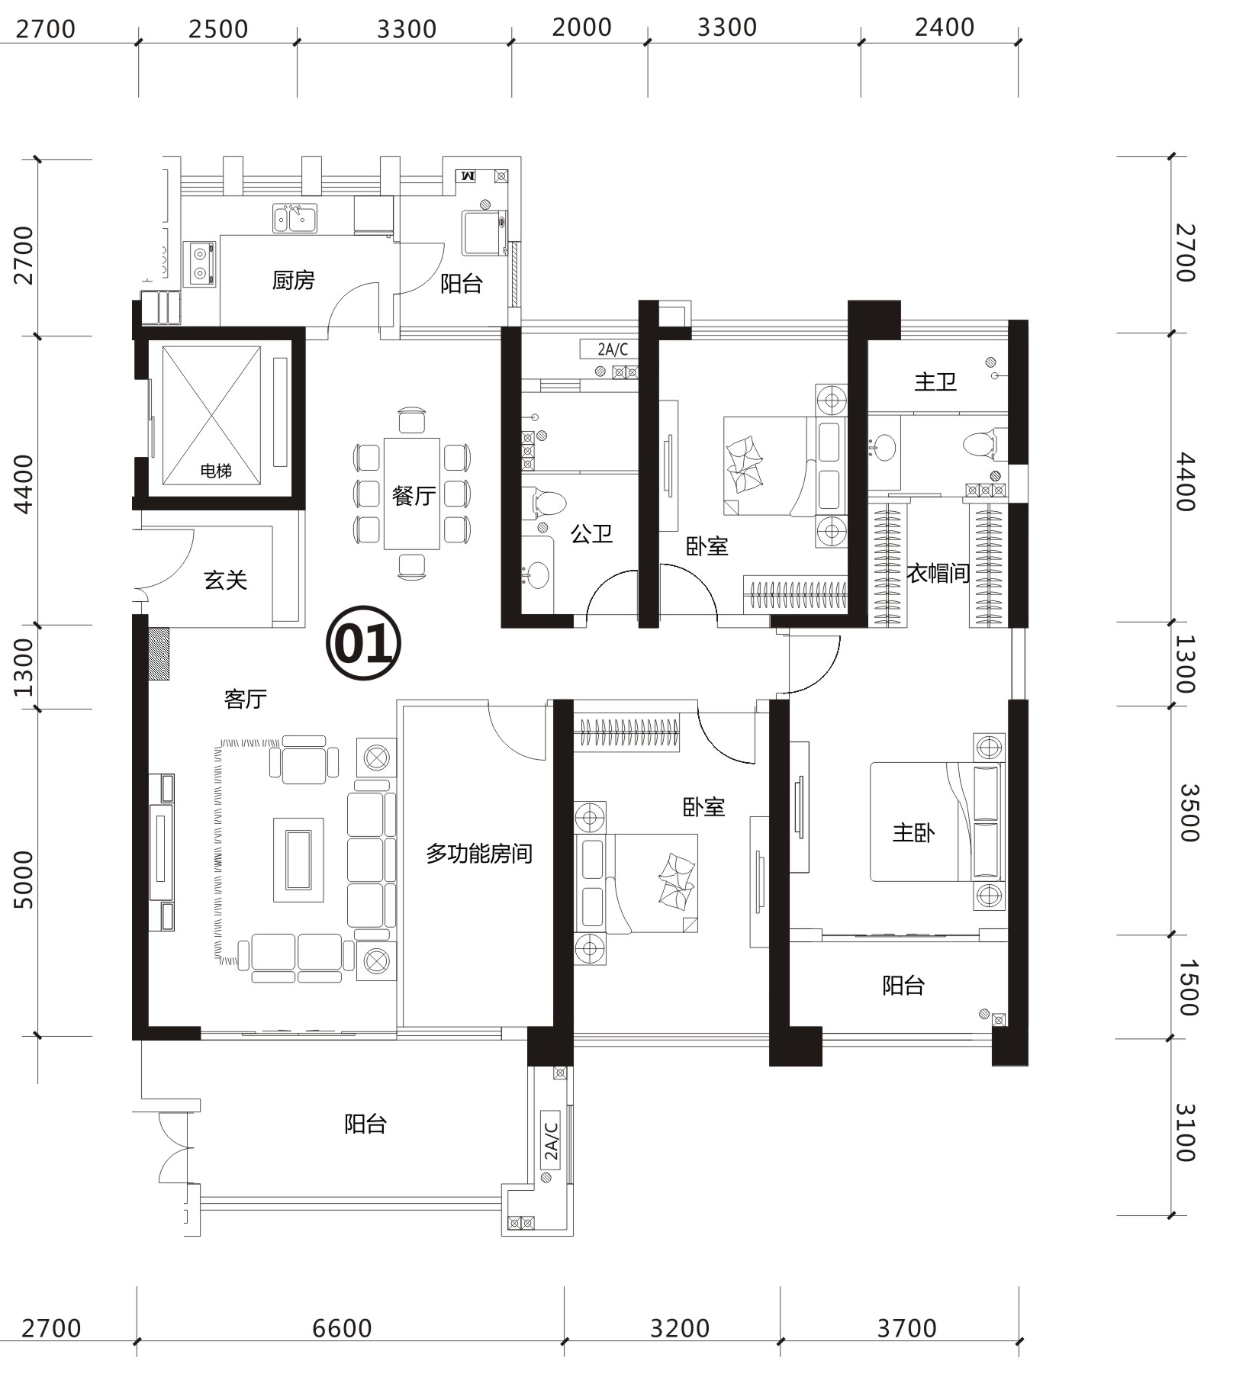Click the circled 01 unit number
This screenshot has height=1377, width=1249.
point(363,643)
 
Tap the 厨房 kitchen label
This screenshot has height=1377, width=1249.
point(294,281)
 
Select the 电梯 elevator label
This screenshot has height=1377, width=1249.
point(216,471)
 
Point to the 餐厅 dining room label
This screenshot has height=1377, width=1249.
point(414,496)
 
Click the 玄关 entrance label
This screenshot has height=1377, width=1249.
point(226,581)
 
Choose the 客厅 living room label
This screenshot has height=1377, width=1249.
point(246,699)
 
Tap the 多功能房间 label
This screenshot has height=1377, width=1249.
point(479,853)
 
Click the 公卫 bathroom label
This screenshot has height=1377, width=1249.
point(592,533)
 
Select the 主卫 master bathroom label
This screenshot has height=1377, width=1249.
point(935,381)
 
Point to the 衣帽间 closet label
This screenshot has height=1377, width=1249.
point(938,573)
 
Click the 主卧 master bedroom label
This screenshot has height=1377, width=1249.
point(914,832)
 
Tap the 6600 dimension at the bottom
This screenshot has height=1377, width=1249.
point(342,1328)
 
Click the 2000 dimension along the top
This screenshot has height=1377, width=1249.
point(582,27)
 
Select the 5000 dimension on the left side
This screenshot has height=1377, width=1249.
point(24,880)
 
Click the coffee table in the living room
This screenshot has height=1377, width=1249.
point(298,860)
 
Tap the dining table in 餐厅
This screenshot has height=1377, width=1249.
point(412,493)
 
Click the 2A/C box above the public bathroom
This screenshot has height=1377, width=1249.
point(613,349)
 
